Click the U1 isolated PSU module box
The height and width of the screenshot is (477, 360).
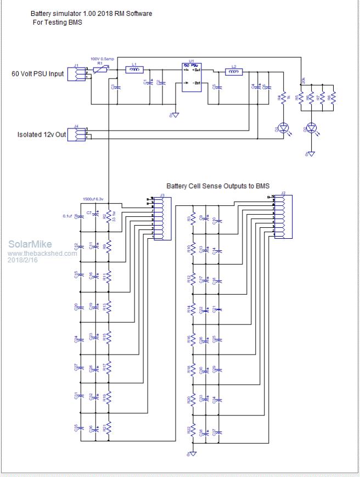click(x=192, y=76)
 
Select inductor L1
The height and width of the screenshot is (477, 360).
click(x=134, y=70)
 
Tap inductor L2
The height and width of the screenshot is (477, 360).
click(x=234, y=72)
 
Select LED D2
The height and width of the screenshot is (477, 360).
click(x=312, y=128)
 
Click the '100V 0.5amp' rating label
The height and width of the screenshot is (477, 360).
click(x=102, y=58)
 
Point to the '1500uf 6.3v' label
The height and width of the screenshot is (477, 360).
click(x=93, y=199)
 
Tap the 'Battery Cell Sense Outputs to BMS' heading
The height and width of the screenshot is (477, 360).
click(x=218, y=186)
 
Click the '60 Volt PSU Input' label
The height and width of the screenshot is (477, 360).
click(x=38, y=73)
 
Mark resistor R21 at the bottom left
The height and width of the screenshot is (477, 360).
click(x=108, y=427)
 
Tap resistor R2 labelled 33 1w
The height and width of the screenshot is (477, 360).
click(x=109, y=216)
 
